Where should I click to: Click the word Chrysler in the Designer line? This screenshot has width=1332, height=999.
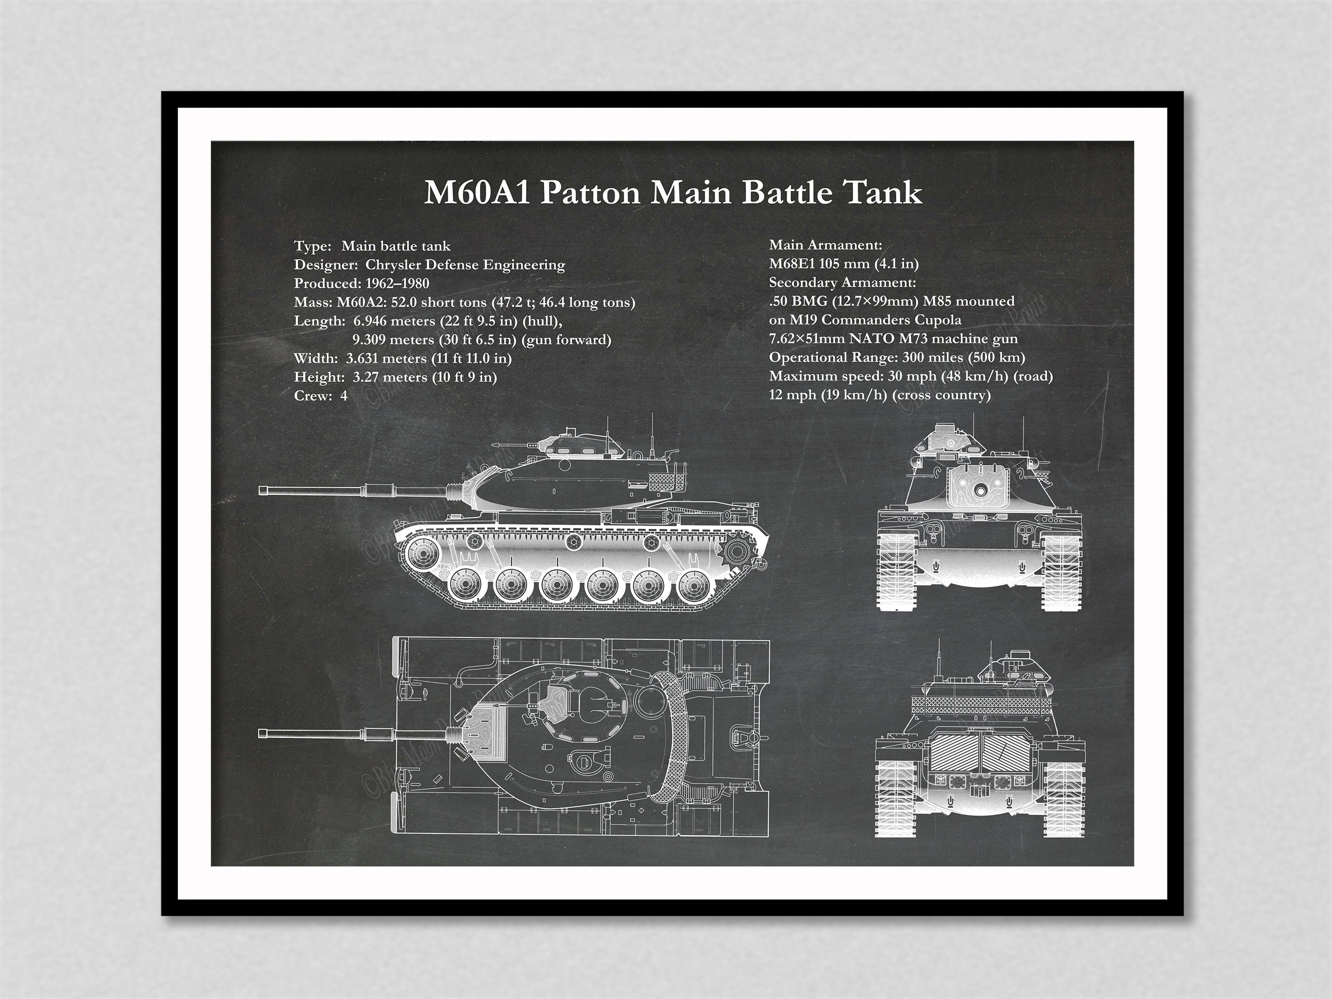tap(392, 264)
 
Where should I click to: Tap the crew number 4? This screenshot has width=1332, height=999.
tap(344, 396)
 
